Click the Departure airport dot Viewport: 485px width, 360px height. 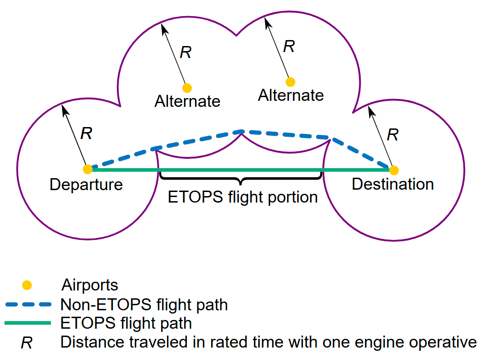[x=87, y=169]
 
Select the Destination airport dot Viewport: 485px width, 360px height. [x=393, y=169]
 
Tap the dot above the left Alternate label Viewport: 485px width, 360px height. [x=187, y=87]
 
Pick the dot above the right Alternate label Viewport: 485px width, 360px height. [x=290, y=82]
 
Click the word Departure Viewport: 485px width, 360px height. [x=86, y=185]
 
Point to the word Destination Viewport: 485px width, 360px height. [x=393, y=184]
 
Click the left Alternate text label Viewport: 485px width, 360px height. [x=187, y=101]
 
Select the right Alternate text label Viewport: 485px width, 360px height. [x=291, y=95]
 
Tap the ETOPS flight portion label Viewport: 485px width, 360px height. [x=243, y=197]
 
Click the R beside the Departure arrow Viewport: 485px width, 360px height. [x=86, y=134]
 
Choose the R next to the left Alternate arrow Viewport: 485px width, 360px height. [x=185, y=52]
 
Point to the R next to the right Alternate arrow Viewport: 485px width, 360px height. [x=289, y=46]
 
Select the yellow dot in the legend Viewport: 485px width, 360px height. [x=27, y=285]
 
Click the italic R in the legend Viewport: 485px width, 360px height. [x=27, y=343]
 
